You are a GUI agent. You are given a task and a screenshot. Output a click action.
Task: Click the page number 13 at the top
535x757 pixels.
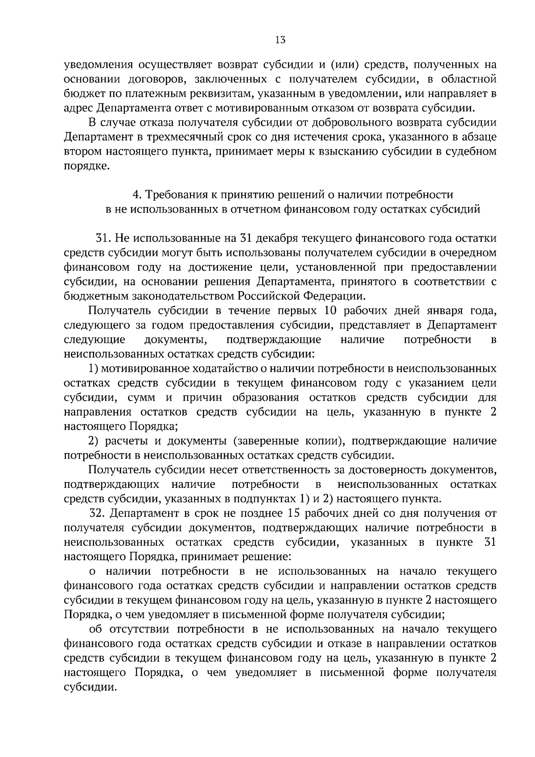[x=280, y=40]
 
